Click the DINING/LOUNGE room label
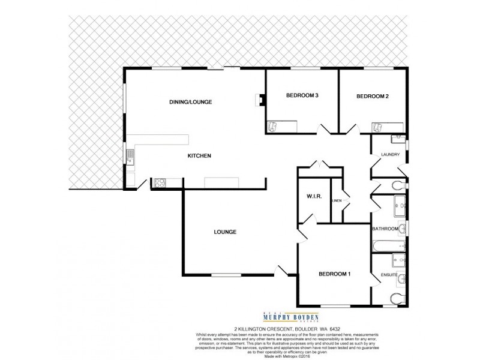click(191, 102)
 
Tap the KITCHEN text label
click(199, 156)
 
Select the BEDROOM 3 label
click(301, 96)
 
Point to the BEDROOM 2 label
click(373, 96)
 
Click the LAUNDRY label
click(389, 156)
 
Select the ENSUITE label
click(389, 275)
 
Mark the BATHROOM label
click(385, 229)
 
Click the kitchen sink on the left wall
click(129, 157)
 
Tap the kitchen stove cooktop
click(161, 184)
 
